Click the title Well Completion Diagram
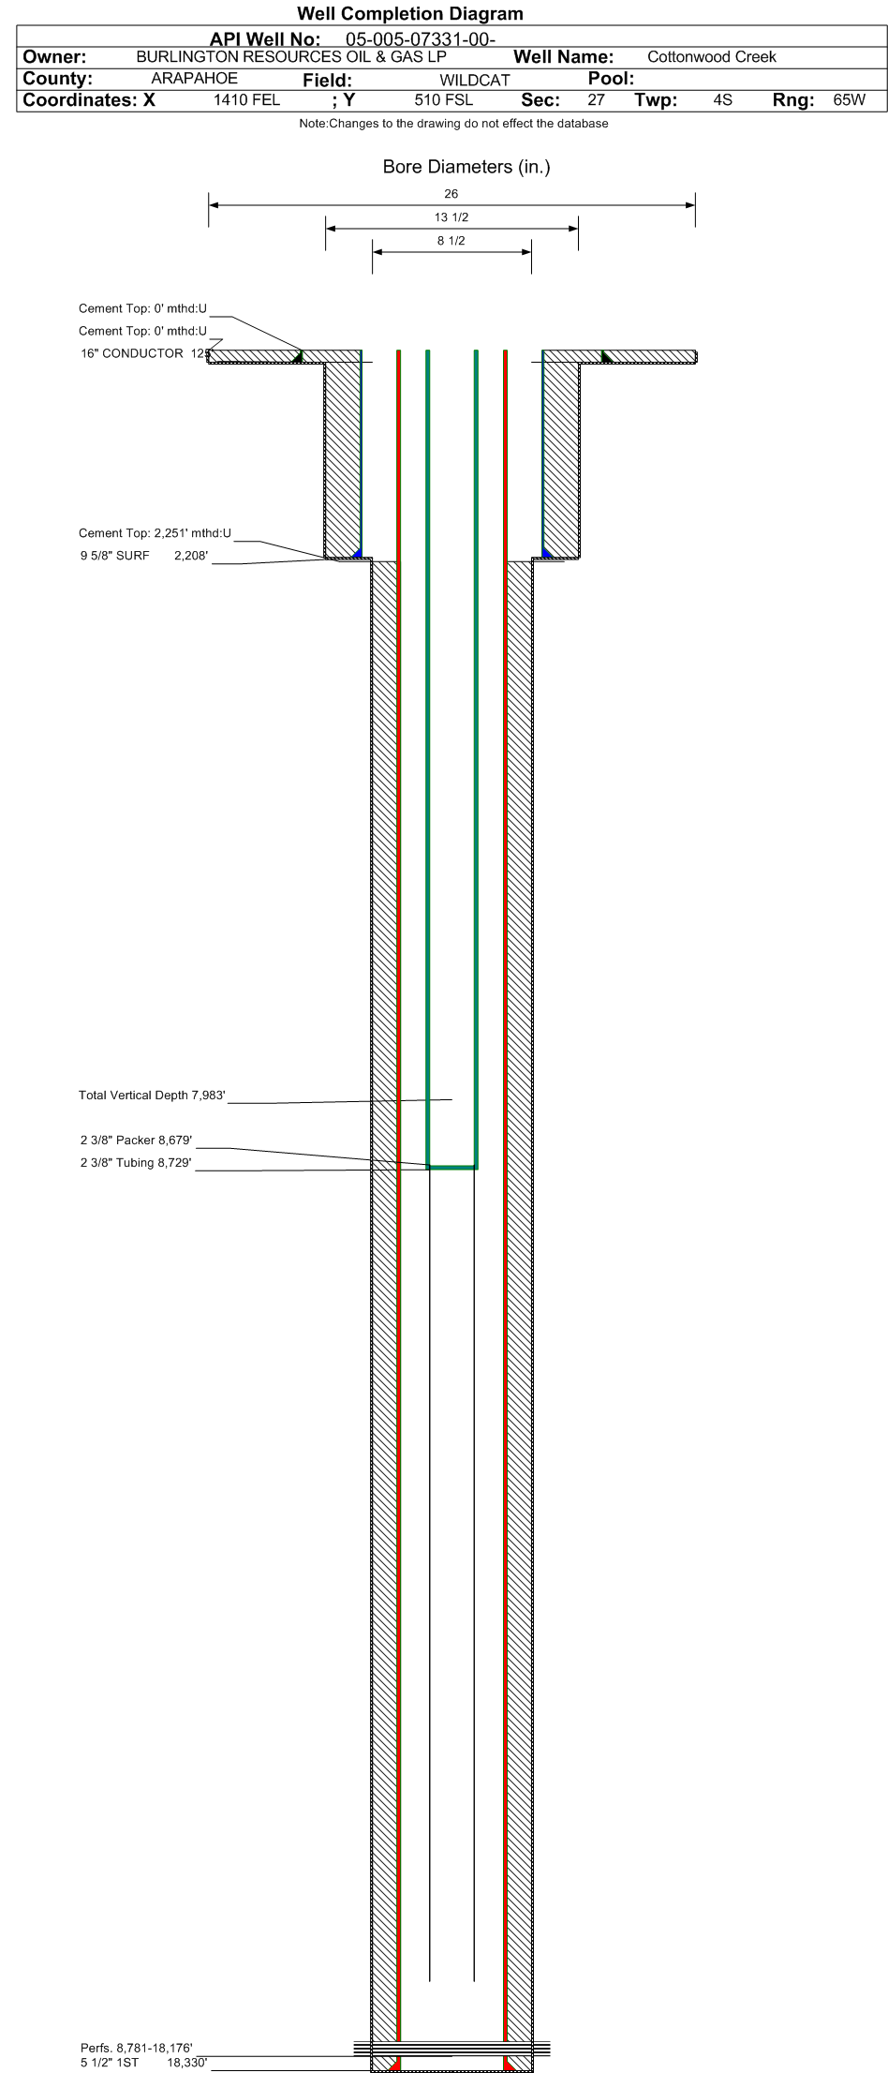tap(409, 14)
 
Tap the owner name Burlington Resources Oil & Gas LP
tap(298, 56)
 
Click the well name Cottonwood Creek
tap(711, 57)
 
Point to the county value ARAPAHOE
tap(194, 79)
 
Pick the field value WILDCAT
tap(475, 81)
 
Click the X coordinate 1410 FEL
tap(246, 100)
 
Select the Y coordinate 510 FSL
tap(443, 100)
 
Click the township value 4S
tap(722, 100)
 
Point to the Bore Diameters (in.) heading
tap(466, 167)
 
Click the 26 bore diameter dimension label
tap(451, 194)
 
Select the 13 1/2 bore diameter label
tap(451, 217)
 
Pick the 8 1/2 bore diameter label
tap(451, 241)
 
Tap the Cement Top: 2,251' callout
tap(155, 533)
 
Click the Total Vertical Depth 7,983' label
tap(152, 1096)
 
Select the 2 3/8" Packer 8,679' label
tap(136, 1141)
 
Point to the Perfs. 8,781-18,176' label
tap(136, 2049)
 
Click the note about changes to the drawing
tap(453, 124)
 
